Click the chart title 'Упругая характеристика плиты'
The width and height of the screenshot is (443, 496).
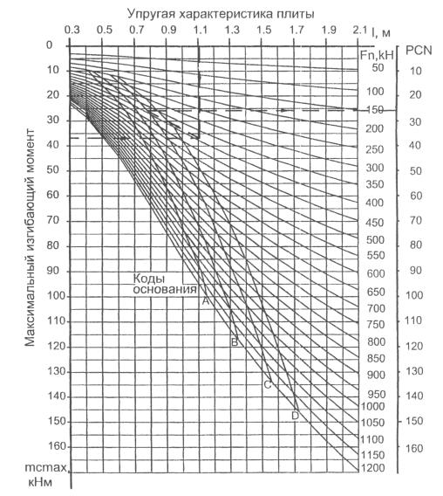point(221,14)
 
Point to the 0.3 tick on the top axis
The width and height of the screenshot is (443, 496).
point(72,30)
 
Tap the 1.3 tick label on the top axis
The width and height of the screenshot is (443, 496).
point(232,30)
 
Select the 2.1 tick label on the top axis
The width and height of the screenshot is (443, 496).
point(360,30)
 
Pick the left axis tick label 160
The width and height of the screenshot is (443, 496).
point(58,446)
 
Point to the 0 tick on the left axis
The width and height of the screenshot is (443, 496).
point(49,45)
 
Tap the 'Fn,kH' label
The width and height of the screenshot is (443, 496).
point(377,55)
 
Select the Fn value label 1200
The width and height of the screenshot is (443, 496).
point(373,468)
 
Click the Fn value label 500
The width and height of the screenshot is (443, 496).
point(375,240)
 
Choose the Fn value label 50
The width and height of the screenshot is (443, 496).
point(378,68)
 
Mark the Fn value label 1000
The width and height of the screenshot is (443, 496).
point(373,406)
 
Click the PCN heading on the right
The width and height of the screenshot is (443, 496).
point(419,51)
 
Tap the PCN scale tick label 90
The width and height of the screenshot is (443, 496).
point(416,271)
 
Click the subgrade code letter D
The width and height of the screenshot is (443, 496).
point(295,416)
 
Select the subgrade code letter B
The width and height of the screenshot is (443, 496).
point(235,342)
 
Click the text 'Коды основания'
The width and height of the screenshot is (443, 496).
point(164,284)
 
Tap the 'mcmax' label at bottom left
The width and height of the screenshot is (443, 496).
point(46,467)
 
